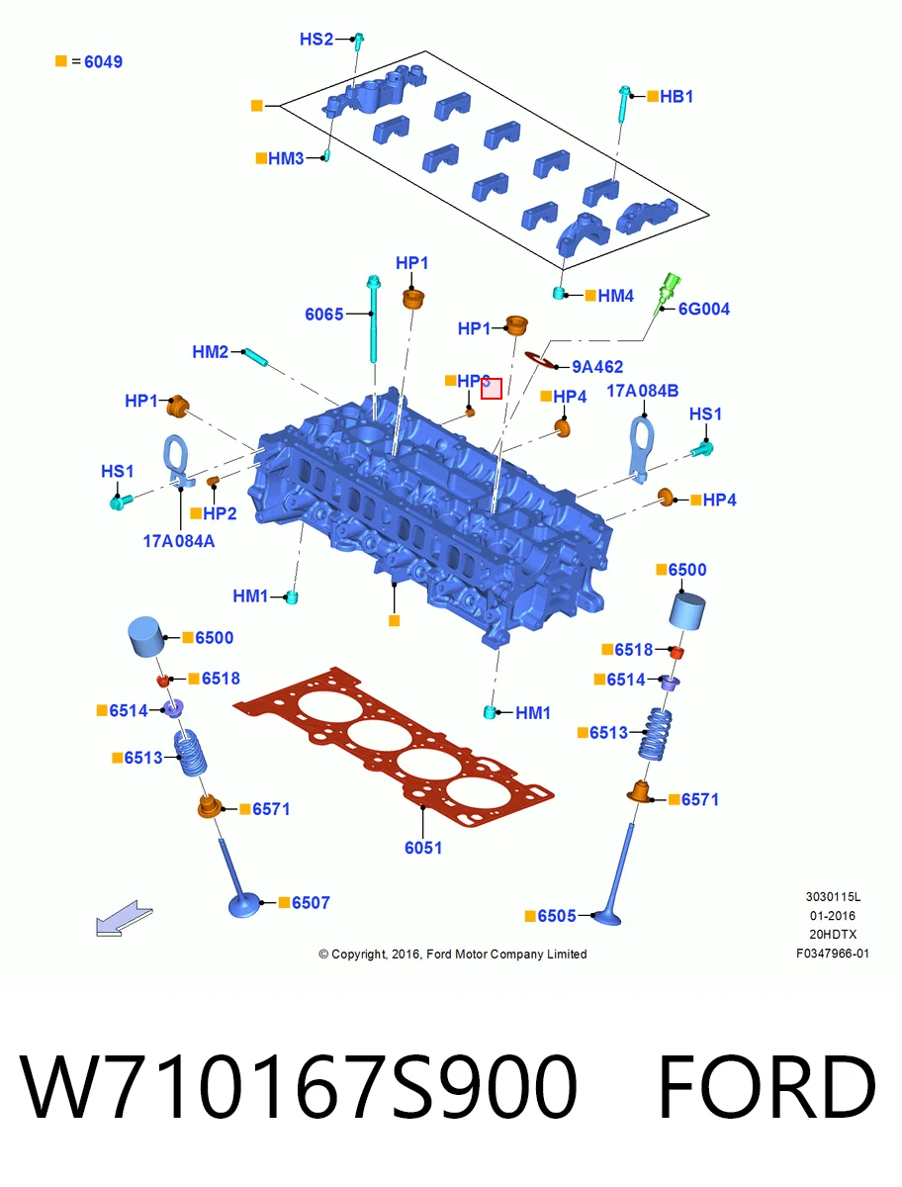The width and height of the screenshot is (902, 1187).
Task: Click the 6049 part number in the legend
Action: click(x=103, y=61)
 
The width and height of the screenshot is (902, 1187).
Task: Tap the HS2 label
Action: click(x=316, y=39)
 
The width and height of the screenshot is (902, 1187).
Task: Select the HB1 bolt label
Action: click(x=676, y=96)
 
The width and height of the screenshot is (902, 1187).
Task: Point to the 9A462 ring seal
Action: click(x=541, y=360)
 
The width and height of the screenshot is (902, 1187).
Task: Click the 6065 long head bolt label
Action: click(x=323, y=314)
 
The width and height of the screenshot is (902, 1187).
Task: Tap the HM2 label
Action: click(x=211, y=351)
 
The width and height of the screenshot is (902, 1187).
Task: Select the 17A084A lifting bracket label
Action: click(x=179, y=541)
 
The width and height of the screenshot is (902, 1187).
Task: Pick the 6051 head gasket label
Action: click(x=423, y=848)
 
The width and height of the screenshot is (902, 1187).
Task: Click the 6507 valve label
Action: click(x=311, y=902)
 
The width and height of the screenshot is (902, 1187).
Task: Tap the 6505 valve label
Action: click(x=557, y=916)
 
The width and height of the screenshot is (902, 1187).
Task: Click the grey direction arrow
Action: click(x=125, y=918)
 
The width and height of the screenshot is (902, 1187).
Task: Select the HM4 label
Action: click(x=615, y=296)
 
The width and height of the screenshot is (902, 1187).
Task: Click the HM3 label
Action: click(x=286, y=158)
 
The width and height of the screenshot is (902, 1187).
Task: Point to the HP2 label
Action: click(x=220, y=513)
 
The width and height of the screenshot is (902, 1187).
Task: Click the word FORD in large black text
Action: click(x=767, y=1087)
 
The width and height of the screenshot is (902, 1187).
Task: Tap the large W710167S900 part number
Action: click(x=299, y=1087)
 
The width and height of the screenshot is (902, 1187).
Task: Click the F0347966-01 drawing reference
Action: click(x=833, y=954)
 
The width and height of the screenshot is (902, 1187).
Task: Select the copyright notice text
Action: click(x=452, y=954)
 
